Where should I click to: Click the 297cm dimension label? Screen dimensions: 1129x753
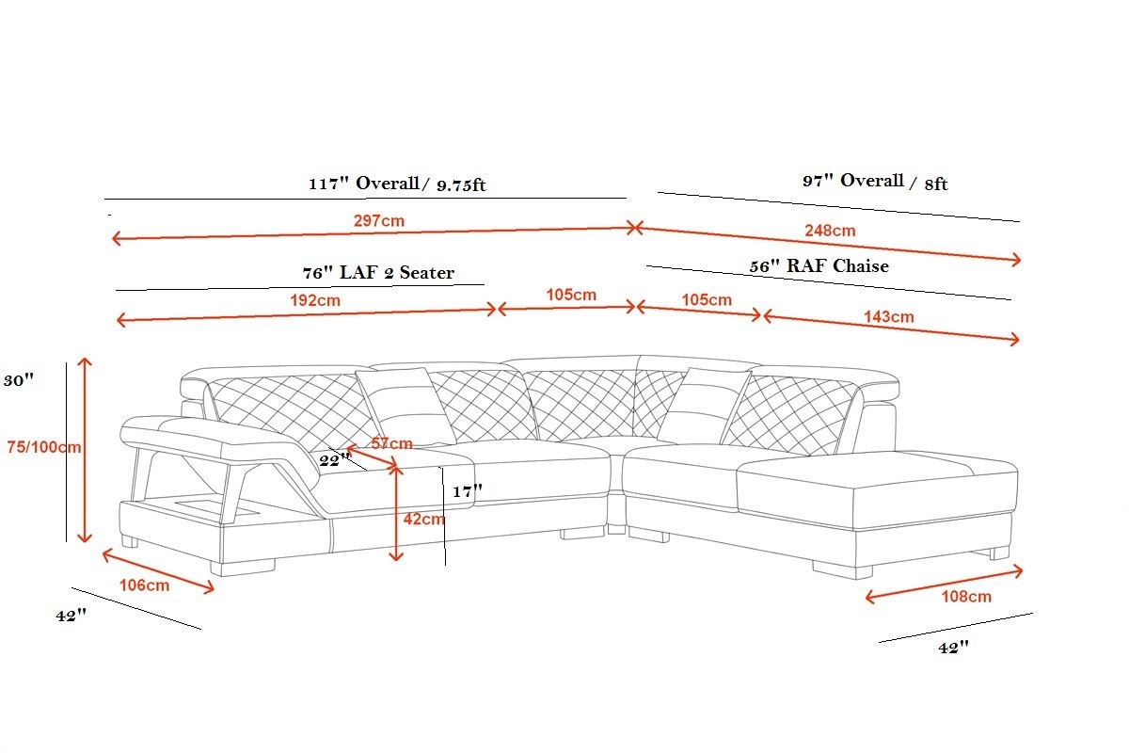[x=378, y=221]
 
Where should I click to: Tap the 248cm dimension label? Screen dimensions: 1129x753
[x=830, y=231]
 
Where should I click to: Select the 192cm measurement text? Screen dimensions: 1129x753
[x=315, y=300]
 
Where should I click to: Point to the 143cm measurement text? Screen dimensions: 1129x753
[x=888, y=317]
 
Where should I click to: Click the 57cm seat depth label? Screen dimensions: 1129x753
[x=391, y=443]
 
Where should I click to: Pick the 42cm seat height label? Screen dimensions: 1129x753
[x=424, y=519]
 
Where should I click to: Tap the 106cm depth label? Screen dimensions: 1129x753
[x=144, y=585]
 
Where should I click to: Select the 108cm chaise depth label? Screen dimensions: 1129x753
[x=966, y=597]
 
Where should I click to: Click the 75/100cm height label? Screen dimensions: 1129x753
[x=44, y=447]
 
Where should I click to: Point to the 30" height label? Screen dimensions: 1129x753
[x=19, y=379]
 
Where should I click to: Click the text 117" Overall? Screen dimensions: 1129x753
[x=364, y=184]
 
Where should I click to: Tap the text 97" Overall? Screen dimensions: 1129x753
[x=852, y=181]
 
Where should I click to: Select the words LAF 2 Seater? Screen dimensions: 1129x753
[x=397, y=273]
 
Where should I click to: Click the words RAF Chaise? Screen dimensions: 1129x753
[x=837, y=265]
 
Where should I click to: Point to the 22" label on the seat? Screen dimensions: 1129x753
[x=335, y=460]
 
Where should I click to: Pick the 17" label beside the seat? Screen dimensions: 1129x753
[x=468, y=490]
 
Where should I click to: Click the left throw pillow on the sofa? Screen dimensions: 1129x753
[x=405, y=407]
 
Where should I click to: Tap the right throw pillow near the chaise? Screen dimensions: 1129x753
[x=704, y=406]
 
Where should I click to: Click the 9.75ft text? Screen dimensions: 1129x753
[x=461, y=185]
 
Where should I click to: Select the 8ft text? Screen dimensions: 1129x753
[x=936, y=184]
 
